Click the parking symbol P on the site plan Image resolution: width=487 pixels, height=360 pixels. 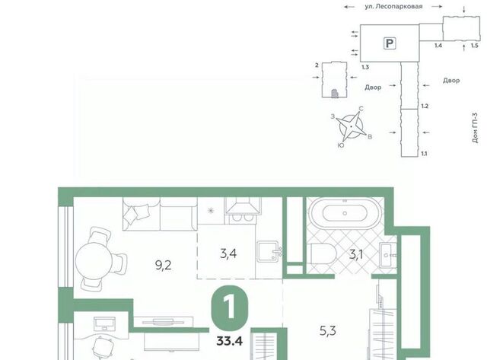(390, 43)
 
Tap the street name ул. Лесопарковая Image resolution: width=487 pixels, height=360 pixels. (393, 7)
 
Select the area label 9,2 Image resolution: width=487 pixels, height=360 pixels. (163, 266)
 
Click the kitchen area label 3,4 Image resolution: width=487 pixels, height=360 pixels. (228, 253)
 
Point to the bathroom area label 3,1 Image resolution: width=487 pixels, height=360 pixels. (356, 255)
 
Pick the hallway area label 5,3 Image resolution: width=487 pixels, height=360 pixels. (328, 331)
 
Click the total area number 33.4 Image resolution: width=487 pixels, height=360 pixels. (230, 342)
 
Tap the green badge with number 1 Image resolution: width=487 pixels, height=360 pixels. (230, 306)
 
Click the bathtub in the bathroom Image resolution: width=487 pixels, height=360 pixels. (345, 213)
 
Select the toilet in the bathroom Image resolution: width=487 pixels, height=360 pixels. (323, 253)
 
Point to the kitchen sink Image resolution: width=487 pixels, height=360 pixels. (269, 250)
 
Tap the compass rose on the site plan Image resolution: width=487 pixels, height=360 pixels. (352, 126)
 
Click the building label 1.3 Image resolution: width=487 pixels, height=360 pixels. (365, 67)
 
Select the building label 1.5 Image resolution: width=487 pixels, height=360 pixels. (474, 46)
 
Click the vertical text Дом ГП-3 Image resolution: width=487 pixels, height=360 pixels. (475, 128)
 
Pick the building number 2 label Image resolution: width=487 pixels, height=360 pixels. (317, 65)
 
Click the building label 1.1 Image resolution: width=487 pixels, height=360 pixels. (424, 154)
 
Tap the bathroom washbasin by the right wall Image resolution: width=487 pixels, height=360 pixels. (387, 255)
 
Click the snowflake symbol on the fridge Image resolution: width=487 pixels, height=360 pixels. (211, 211)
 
